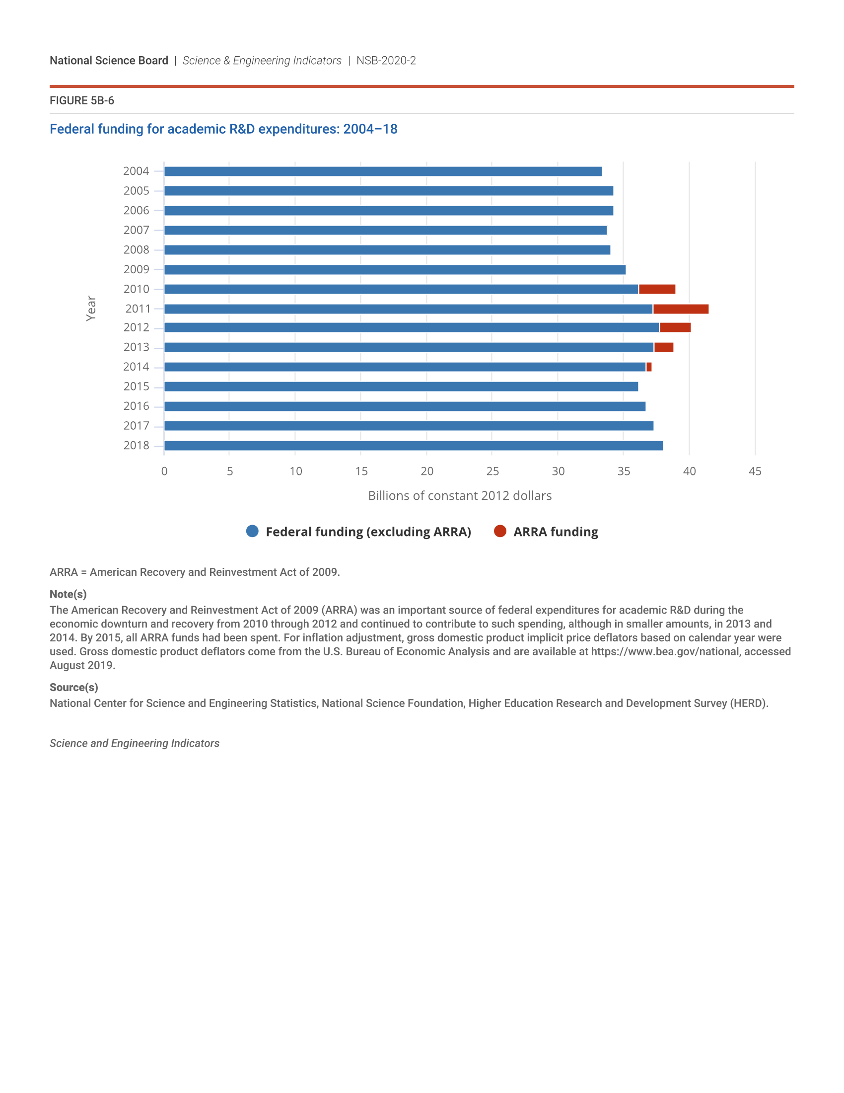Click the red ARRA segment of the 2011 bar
click(x=681, y=309)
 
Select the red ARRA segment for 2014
click(x=649, y=367)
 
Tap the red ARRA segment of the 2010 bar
click(x=657, y=289)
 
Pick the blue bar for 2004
click(x=383, y=172)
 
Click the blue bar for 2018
click(x=414, y=446)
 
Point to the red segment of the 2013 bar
click(x=663, y=347)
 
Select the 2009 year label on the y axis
click(x=136, y=270)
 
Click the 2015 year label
click(x=136, y=387)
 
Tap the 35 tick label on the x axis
click(x=624, y=471)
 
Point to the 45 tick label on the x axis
click(x=755, y=471)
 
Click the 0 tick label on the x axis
click(x=164, y=471)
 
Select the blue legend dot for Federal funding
click(x=253, y=531)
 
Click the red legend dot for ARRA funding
click(x=500, y=531)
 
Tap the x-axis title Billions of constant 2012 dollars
click(x=460, y=496)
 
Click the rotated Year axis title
click(x=91, y=309)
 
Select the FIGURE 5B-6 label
click(x=82, y=100)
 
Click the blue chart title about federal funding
click(x=223, y=129)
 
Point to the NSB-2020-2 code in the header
click(x=386, y=61)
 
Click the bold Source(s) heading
click(x=74, y=687)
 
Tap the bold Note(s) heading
click(x=68, y=594)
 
